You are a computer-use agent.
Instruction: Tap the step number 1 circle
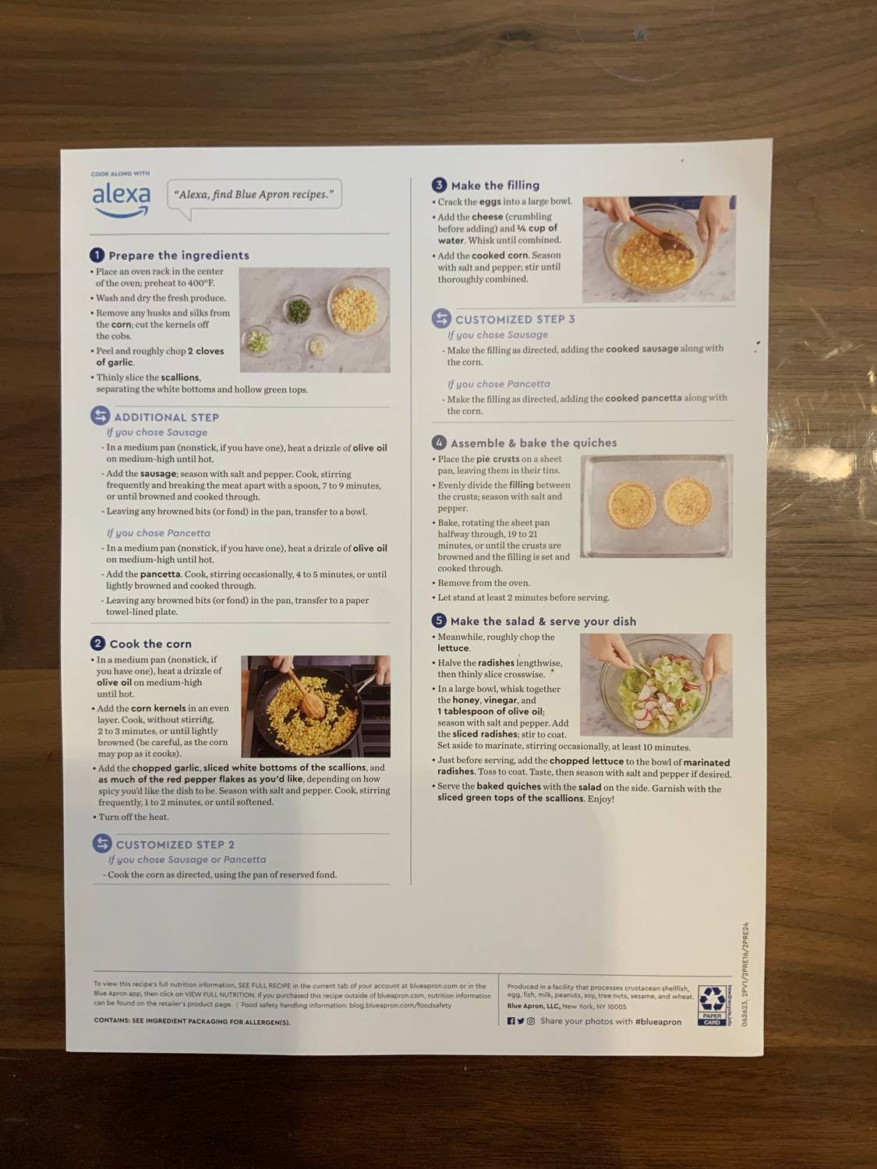[x=97, y=255]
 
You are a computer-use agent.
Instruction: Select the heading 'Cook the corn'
[x=150, y=644]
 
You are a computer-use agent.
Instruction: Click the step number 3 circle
[x=439, y=185]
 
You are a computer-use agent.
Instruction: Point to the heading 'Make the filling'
[x=495, y=185]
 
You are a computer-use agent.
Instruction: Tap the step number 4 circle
[x=439, y=443]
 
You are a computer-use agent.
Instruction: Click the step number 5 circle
[x=439, y=620]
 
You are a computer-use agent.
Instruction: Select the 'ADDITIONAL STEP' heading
[x=166, y=417]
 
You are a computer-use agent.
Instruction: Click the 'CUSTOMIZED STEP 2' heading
[x=175, y=844]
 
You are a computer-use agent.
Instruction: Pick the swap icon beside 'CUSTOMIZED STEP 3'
[x=441, y=319]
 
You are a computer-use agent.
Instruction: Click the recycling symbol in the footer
[x=712, y=1000]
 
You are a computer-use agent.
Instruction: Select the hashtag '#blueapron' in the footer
[x=658, y=1021]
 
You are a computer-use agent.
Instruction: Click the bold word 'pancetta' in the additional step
[x=160, y=574]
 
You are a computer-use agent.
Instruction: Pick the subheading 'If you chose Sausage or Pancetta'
[x=187, y=860]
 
